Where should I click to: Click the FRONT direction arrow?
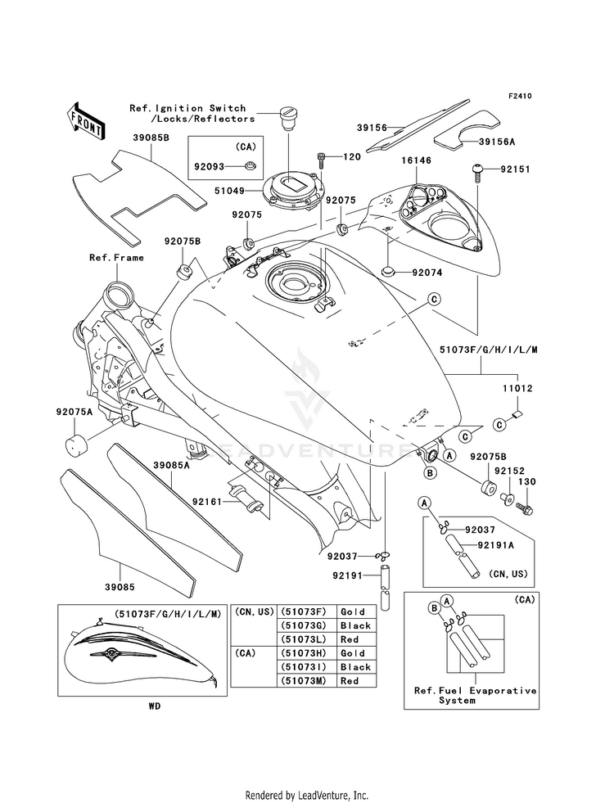pos(85,121)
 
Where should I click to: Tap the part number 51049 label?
pos(229,191)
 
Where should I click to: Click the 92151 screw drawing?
pos(478,172)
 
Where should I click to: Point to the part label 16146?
pos(417,160)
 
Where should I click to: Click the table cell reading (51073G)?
pos(304,625)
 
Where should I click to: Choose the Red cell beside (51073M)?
pos(350,680)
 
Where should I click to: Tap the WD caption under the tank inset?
pos(155,706)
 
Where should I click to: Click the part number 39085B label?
pos(151,138)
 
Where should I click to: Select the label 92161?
pos(207,501)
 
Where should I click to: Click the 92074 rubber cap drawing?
pos(389,270)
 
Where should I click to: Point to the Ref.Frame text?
pos(117,258)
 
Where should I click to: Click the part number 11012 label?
pos(517,389)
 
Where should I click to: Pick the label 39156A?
pos(497,142)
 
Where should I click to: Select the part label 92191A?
pos(495,545)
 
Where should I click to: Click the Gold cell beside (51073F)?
pos(352,611)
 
